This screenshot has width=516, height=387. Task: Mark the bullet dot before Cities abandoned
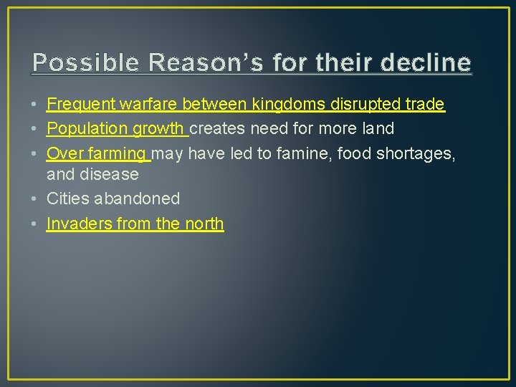point(35,199)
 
